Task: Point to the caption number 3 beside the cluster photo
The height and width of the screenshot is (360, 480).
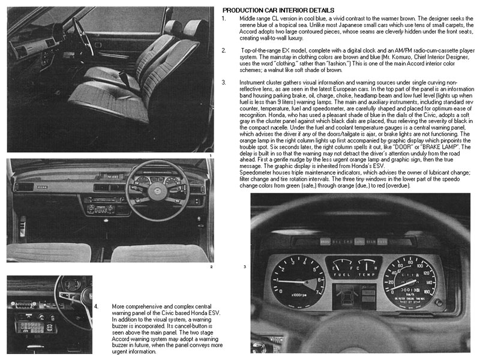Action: [x=244, y=266]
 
